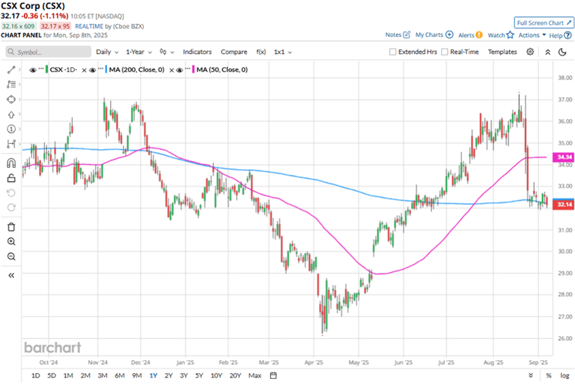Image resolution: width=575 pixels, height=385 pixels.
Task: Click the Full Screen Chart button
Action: (x=544, y=22)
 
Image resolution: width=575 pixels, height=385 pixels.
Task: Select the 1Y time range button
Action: (x=153, y=375)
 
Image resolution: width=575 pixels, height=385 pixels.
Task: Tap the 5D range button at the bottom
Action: (x=52, y=375)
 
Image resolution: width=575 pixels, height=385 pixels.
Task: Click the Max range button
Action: (x=255, y=375)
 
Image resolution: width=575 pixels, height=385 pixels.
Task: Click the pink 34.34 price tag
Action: (x=563, y=157)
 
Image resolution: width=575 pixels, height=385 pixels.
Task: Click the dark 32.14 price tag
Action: (x=563, y=204)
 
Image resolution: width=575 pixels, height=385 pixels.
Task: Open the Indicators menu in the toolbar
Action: (x=197, y=52)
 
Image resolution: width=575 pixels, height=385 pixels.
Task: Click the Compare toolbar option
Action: (x=234, y=52)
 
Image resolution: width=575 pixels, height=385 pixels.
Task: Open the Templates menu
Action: (x=502, y=52)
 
